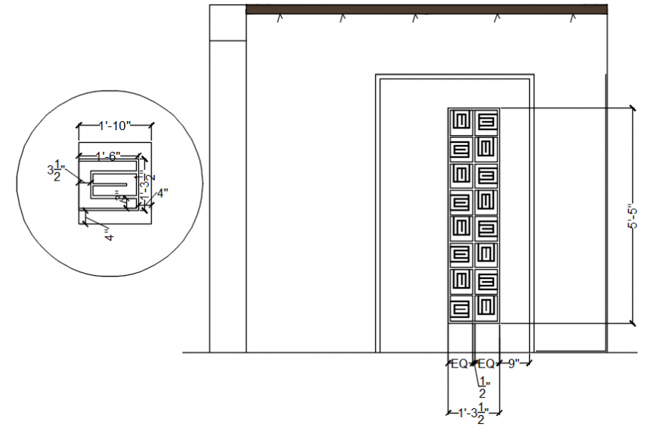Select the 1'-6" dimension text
pos(108,156)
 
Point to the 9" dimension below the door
pos(514,364)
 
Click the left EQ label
pos(459,364)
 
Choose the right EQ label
pos(486,364)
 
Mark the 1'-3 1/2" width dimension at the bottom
pos(474,412)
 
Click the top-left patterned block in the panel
pos(461,121)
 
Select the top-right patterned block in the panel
pos(487,121)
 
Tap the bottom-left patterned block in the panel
pos(461,308)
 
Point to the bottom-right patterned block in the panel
pos(487,308)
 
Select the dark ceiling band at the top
pos(426,8)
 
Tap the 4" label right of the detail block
pos(162,192)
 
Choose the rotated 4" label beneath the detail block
pos(109,235)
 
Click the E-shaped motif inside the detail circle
pos(111,183)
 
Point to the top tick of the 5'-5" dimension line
pos(632,109)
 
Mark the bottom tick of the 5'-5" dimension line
pos(632,323)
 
